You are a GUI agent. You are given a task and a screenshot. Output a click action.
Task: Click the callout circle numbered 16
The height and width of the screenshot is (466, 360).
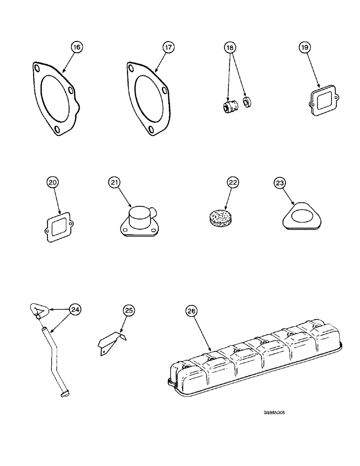point(76,47)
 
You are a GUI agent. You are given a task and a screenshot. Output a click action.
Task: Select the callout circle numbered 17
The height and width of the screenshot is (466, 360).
point(167,47)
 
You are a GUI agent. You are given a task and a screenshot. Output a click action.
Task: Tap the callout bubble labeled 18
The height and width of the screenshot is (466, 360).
point(230,47)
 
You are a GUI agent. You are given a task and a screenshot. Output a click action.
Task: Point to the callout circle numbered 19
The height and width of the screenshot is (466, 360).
point(304,47)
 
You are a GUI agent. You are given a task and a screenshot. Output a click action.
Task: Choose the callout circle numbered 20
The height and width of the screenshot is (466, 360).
point(53,183)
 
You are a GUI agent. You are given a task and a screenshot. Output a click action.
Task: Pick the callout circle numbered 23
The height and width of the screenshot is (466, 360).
point(280,183)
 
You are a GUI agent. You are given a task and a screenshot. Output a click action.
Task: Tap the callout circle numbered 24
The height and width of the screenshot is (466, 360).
point(74,308)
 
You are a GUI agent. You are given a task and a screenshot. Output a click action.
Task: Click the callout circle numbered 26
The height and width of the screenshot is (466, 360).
point(192,310)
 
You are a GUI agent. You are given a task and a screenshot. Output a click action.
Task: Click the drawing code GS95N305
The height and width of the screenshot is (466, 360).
point(277,412)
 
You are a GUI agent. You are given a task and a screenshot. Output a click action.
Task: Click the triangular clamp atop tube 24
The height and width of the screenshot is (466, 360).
point(36,309)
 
